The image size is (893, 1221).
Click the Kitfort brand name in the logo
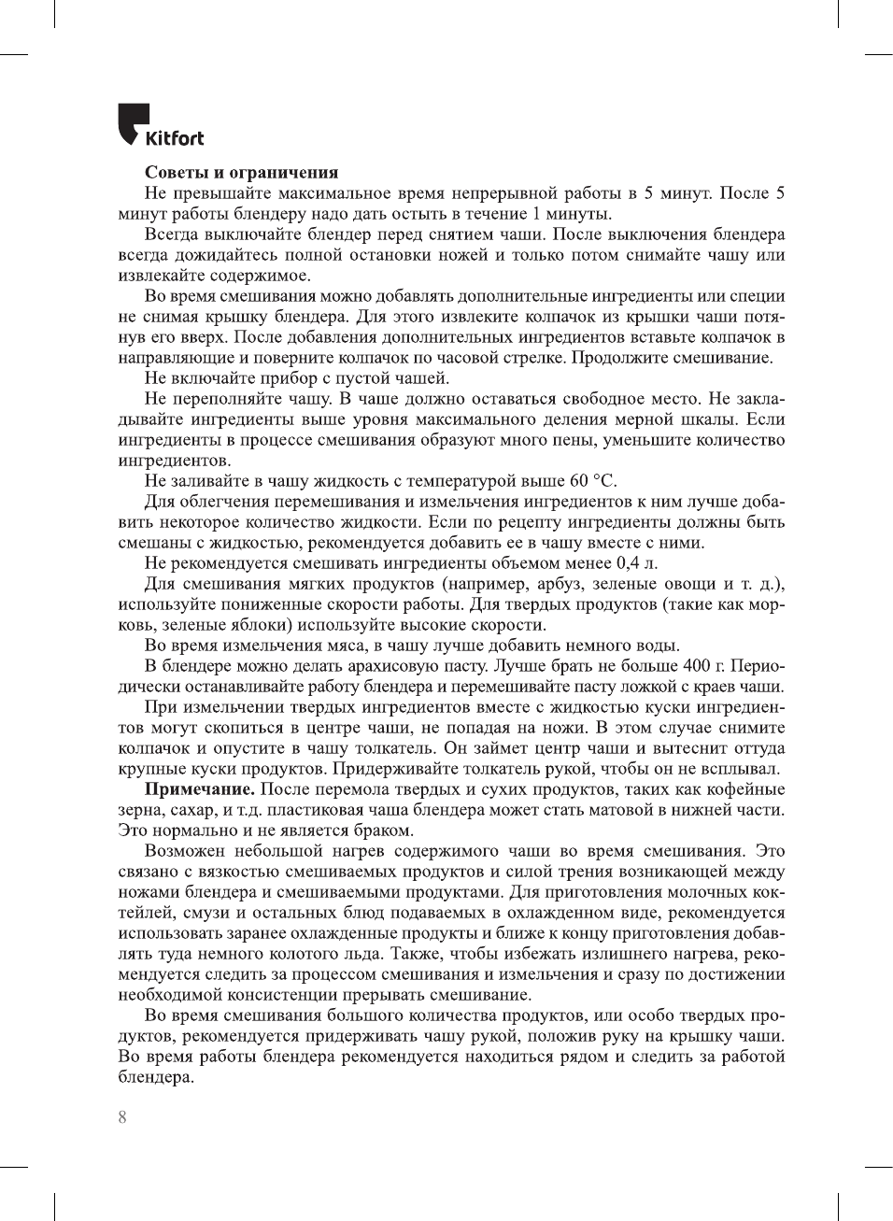(x=175, y=138)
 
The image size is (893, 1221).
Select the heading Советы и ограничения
(x=241, y=172)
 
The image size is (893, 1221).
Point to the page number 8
(x=122, y=1117)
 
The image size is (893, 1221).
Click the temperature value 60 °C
(x=592, y=481)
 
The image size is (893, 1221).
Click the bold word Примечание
(x=199, y=789)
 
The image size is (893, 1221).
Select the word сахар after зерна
(x=188, y=810)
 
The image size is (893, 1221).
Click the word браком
(x=383, y=831)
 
